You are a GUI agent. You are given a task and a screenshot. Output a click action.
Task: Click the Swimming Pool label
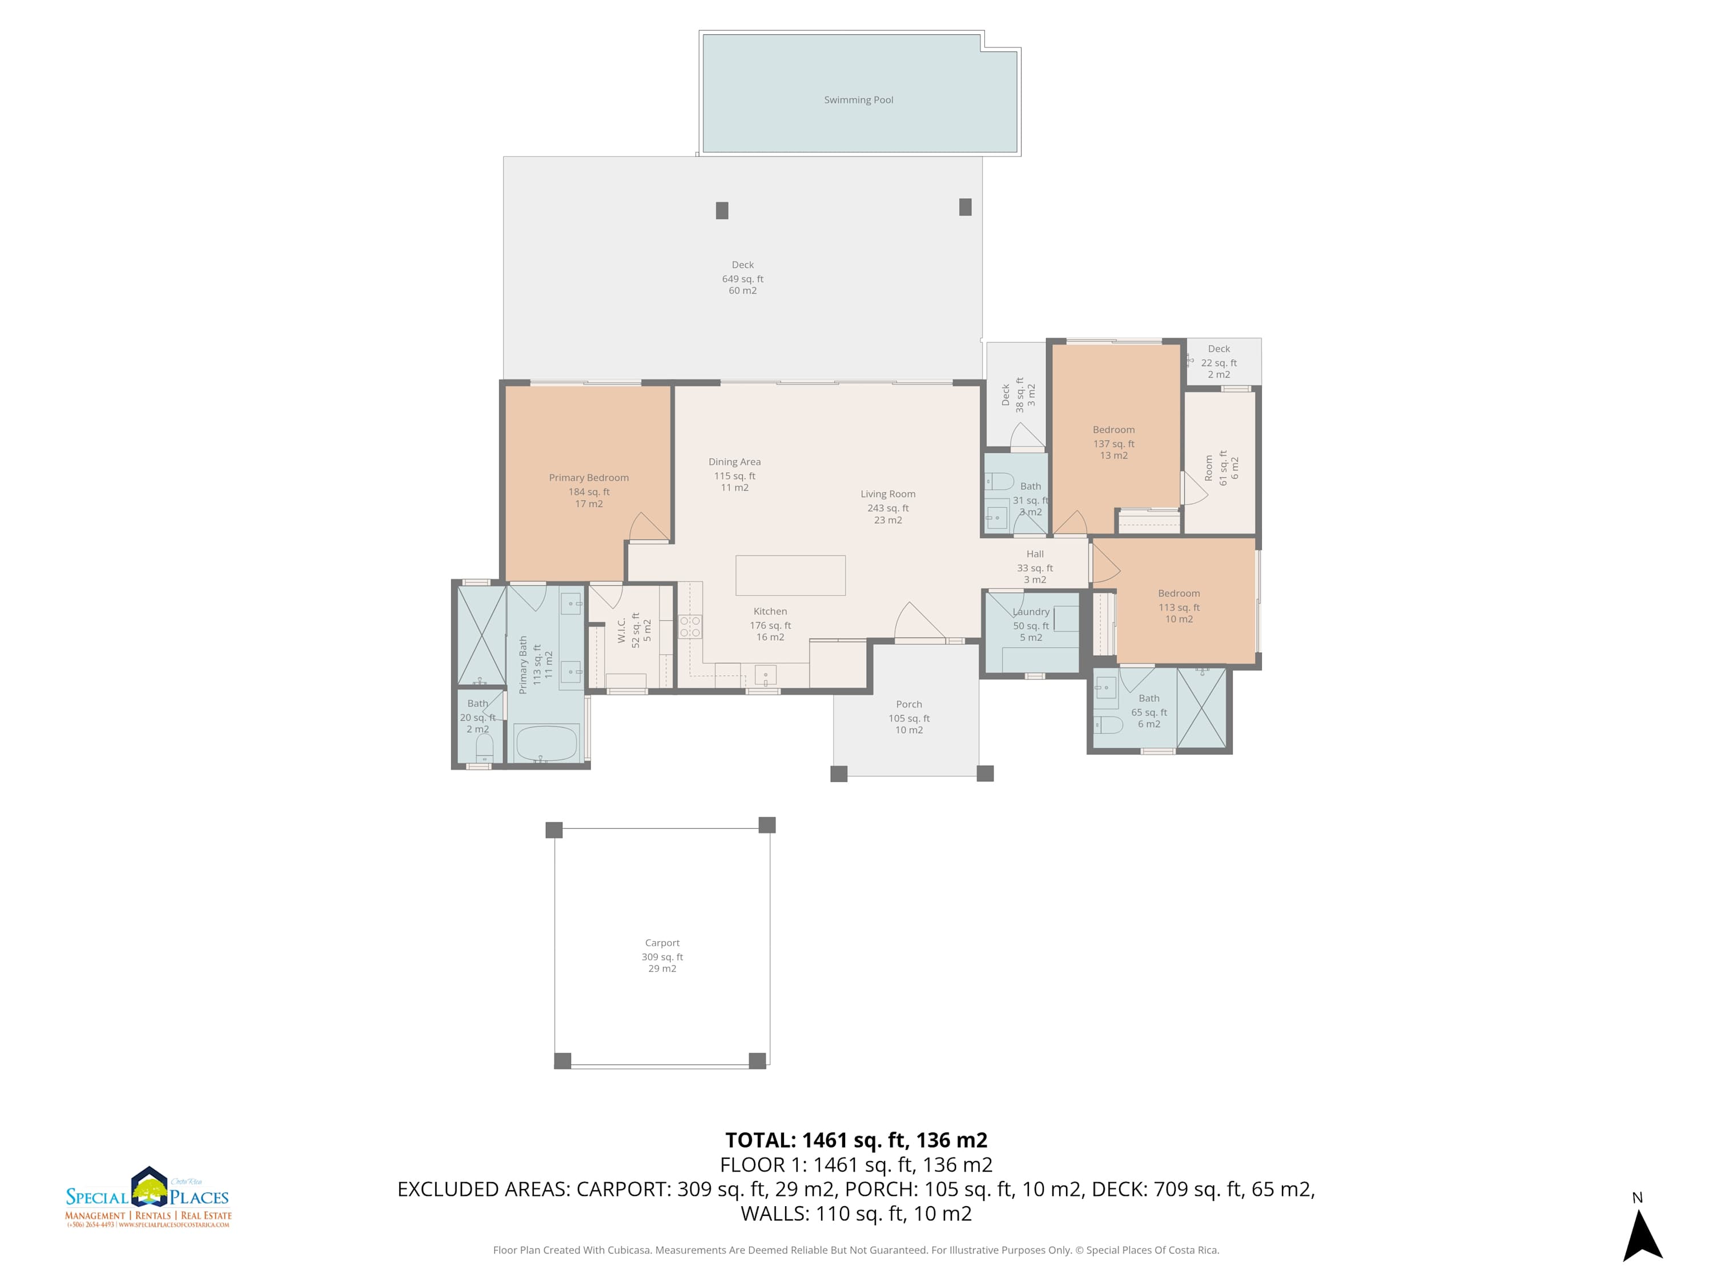pos(858,100)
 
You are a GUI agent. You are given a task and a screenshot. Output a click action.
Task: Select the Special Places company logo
pos(148,1198)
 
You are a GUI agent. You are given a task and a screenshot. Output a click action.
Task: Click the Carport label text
pos(662,943)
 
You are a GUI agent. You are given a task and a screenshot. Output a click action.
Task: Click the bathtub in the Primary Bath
pos(546,744)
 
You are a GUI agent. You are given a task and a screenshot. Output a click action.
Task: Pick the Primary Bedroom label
pos(589,478)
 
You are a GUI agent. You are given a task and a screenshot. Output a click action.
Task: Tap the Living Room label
pos(887,494)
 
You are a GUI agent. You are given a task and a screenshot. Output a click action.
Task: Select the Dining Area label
pos(734,461)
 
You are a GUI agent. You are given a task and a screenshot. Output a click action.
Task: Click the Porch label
pos(908,704)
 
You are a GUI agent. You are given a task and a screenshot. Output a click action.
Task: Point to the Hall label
pos(1035,554)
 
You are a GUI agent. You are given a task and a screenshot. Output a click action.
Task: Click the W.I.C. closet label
pos(622,631)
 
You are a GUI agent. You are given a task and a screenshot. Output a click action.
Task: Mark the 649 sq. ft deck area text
pos(743,279)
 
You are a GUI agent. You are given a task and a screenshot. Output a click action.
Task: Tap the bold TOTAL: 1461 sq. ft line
pos(856,1140)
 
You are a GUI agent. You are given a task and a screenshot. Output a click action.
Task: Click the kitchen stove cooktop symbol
pos(690,627)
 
